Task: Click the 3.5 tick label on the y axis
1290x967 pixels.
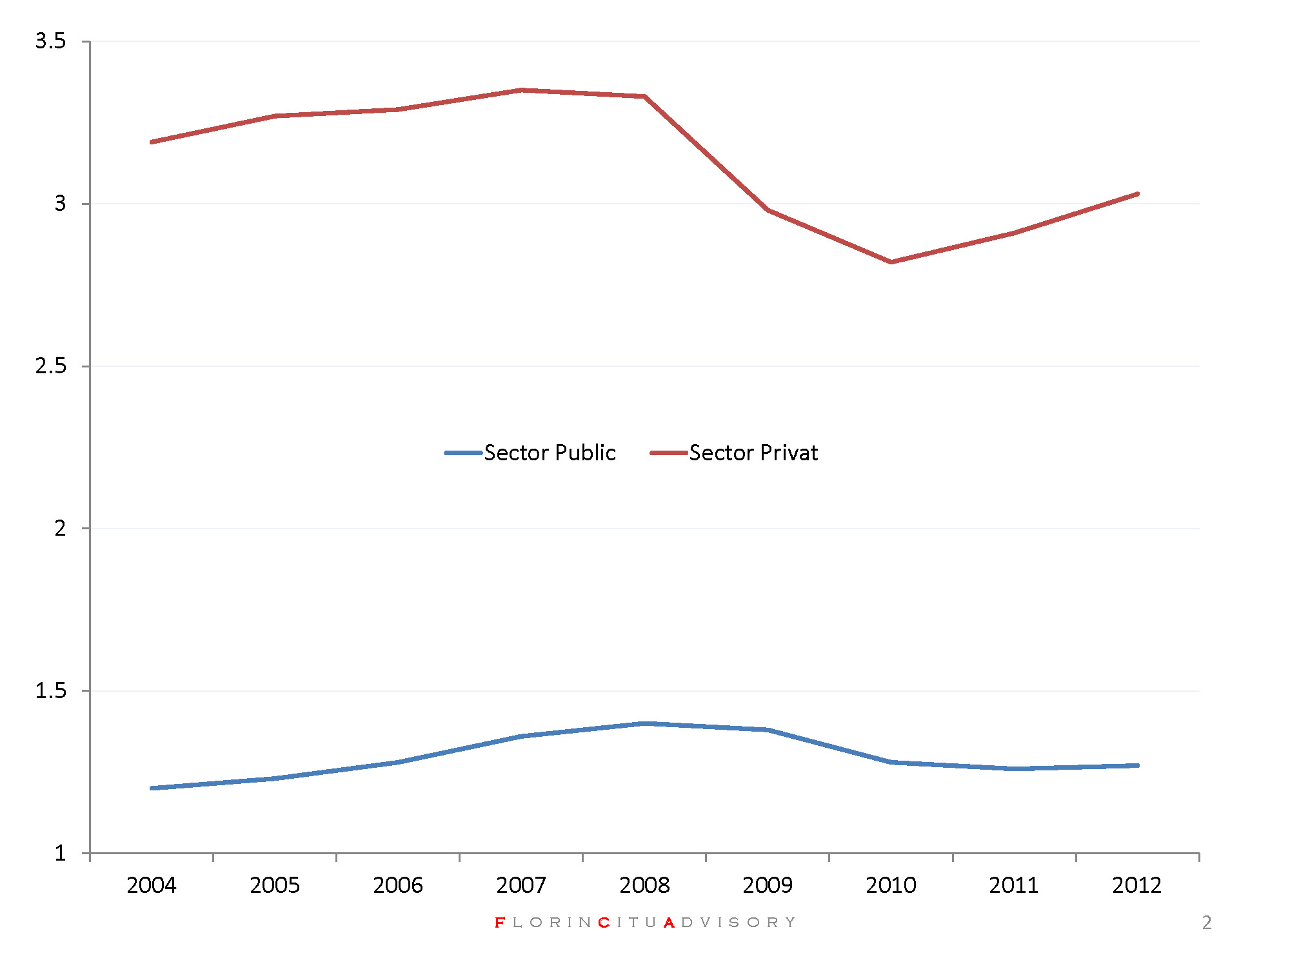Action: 50,41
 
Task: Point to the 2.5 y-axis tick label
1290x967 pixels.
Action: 50,366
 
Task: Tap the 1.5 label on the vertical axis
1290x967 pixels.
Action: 50,691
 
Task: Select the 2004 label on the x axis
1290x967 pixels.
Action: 152,885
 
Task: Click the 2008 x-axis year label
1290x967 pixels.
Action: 644,885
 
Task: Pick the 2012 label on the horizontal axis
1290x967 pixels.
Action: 1137,885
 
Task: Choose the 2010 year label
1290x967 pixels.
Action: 891,885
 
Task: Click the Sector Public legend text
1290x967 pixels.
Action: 550,453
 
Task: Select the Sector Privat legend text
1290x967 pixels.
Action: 753,453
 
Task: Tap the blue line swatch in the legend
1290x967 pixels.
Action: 463,453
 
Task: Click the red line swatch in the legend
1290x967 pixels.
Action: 669,453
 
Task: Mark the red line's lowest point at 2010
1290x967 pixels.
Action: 891,262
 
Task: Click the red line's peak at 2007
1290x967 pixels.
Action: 521,90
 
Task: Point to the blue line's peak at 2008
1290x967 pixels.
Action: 644,723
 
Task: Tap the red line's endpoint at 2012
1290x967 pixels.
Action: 1137,194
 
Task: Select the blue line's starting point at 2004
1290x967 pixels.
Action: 152,788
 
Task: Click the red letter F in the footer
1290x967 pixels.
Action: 500,923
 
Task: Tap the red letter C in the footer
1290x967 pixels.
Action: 604,923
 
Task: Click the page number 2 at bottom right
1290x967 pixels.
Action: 1207,923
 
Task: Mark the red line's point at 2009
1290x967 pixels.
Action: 768,210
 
